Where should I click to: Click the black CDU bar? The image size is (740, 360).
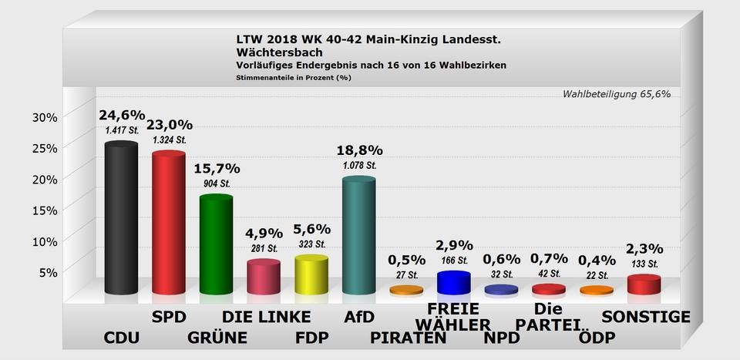pos(121,220)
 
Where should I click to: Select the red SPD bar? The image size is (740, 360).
pos(168,224)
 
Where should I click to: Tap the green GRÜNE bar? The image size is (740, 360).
pos(216,245)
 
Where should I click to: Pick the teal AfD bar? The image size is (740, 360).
pos(358,237)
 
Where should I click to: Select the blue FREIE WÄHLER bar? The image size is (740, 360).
pos(453,282)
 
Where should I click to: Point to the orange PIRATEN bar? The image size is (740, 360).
pos(406,291)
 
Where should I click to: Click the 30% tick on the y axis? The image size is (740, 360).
pos(44,117)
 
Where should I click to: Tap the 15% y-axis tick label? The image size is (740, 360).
pos(44,210)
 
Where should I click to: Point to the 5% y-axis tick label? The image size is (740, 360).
pos(48,271)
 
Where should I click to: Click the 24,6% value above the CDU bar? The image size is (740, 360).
pos(122,116)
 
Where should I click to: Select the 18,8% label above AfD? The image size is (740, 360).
pos(359,150)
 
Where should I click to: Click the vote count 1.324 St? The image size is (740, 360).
pos(169,140)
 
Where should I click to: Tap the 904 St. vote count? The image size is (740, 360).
pos(217,183)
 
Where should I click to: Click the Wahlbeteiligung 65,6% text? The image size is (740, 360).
pos(616,94)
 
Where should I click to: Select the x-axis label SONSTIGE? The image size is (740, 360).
pos(646,317)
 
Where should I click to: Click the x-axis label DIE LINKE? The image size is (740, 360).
pos(267,317)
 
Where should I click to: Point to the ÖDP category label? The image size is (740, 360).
pos(597,338)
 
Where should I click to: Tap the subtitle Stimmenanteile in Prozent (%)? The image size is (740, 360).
pos(294,77)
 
